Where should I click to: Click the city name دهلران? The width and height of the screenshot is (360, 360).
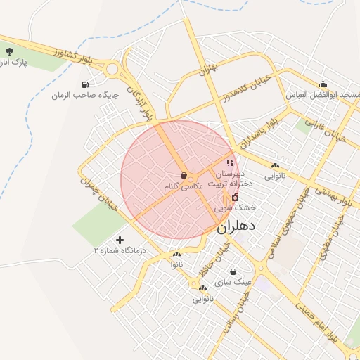(235, 226)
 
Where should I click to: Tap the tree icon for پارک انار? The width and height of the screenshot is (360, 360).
(9, 51)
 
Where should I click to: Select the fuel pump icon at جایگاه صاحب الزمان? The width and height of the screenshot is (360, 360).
(86, 84)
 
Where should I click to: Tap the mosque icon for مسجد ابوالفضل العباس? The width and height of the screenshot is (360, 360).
(323, 84)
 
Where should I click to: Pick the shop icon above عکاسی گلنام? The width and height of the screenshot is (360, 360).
(184, 176)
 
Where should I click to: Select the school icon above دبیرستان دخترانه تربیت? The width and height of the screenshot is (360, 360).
(229, 163)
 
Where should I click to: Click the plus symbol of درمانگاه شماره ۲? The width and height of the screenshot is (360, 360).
(120, 240)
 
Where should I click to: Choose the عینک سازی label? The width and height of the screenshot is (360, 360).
(233, 282)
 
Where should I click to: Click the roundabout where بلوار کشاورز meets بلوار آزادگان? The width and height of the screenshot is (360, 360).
(112, 70)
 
